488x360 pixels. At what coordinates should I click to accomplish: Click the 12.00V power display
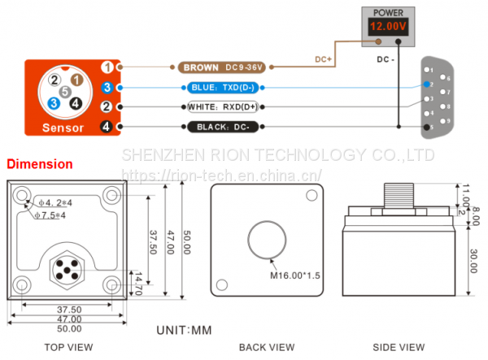pos(387,27)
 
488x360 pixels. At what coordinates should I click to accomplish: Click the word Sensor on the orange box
pos(63,127)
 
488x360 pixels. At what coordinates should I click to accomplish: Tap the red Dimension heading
pos(40,164)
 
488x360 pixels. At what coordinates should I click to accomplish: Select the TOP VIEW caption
pos(68,348)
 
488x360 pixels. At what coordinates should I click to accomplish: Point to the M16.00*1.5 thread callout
pos(295,275)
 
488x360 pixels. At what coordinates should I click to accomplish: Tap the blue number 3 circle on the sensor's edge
pos(107,87)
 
